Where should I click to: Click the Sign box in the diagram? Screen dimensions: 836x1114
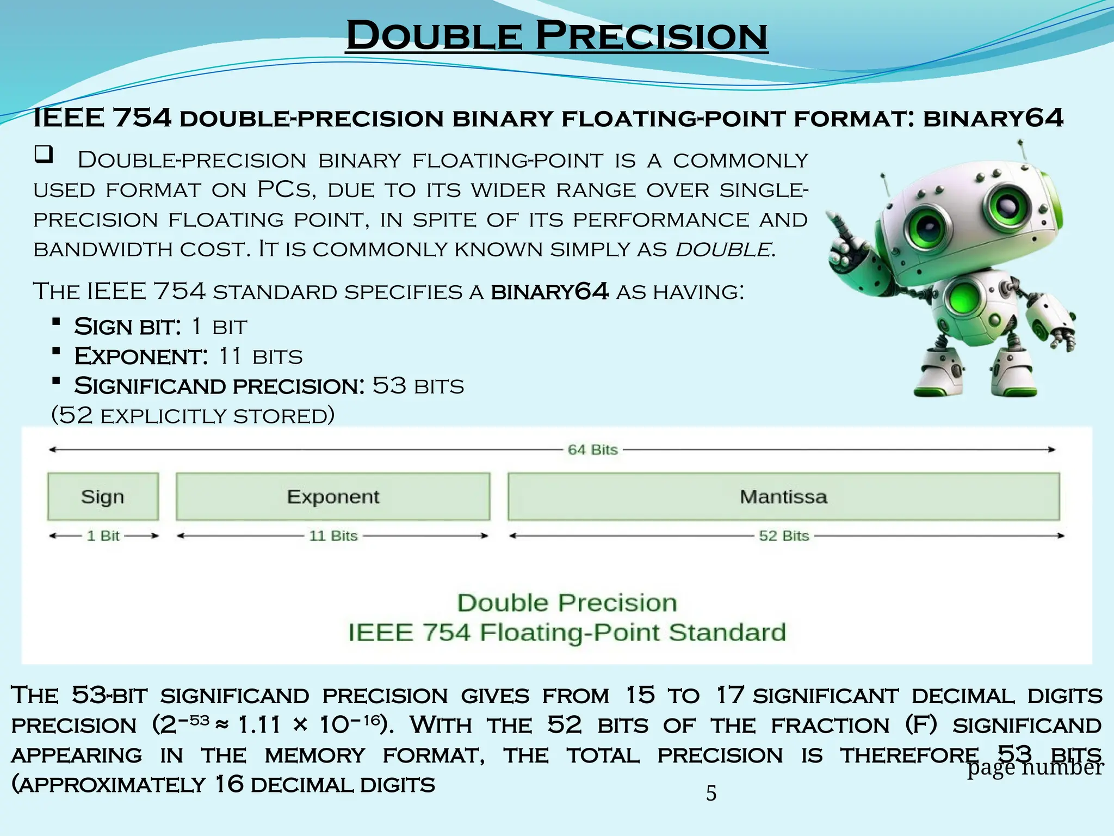(x=103, y=496)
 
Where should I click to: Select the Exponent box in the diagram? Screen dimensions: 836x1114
(x=333, y=496)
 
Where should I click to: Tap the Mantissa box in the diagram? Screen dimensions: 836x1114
(x=783, y=496)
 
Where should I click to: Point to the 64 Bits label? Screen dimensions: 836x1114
(x=592, y=450)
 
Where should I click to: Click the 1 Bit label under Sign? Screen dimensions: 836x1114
(x=103, y=536)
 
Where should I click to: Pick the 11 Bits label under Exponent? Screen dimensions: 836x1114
(x=333, y=536)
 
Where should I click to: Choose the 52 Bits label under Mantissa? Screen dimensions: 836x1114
(x=784, y=536)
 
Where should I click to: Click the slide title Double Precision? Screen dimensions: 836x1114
(x=556, y=36)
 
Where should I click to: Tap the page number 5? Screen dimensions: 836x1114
(x=711, y=793)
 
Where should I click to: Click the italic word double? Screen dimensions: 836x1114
(x=723, y=249)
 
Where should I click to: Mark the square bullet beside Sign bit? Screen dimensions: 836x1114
(x=56, y=322)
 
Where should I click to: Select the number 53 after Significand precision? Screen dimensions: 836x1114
(x=389, y=386)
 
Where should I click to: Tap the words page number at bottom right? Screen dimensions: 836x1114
(x=1035, y=767)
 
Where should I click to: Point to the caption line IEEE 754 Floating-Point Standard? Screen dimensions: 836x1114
(x=567, y=632)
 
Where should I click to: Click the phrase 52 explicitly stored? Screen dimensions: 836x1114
(x=193, y=415)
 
